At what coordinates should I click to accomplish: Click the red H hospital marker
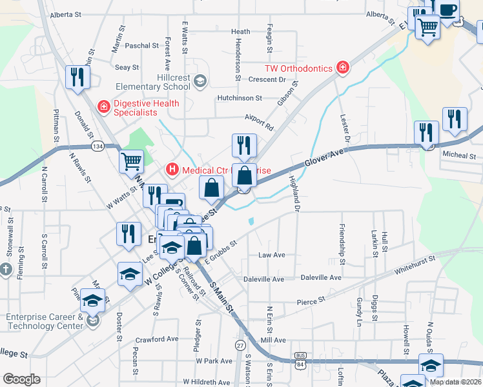[x=172, y=170]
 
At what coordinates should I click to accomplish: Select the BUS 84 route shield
[x=300, y=360]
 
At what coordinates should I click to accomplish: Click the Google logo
[x=21, y=379]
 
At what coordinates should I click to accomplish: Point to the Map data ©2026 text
[x=454, y=381]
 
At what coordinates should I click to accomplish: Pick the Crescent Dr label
[x=267, y=80]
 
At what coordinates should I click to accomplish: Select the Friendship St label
[x=342, y=237]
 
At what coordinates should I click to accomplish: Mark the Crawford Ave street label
[x=156, y=339]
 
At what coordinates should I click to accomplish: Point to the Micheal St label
[x=458, y=155]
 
